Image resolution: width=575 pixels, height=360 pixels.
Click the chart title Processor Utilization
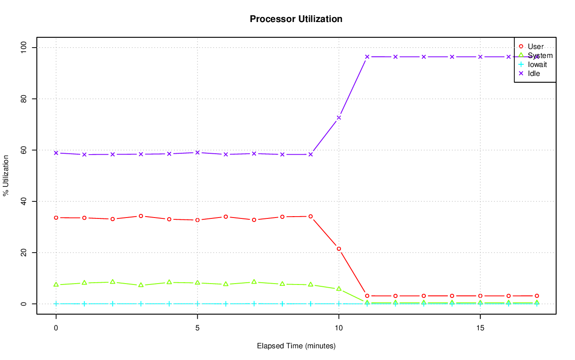(296, 19)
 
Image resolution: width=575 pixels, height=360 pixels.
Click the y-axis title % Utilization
(6, 176)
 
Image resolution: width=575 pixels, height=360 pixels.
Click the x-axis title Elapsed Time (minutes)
(296, 346)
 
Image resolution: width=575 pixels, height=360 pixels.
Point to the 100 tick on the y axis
(24, 47)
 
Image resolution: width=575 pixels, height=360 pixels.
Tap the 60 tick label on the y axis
(24, 150)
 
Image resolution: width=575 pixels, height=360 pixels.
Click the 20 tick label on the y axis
(24, 253)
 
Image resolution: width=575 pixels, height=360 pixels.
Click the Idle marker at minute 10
(339, 118)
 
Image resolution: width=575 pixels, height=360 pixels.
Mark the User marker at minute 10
(339, 249)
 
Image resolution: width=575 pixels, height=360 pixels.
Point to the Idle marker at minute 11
(367, 57)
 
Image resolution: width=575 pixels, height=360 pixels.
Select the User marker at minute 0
(56, 218)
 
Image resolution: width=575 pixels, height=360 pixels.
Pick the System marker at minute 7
(254, 282)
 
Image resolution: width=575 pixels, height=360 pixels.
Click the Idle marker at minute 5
(197, 152)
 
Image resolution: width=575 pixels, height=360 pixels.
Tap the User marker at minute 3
(141, 216)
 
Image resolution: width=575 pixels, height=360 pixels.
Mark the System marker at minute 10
(339, 289)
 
